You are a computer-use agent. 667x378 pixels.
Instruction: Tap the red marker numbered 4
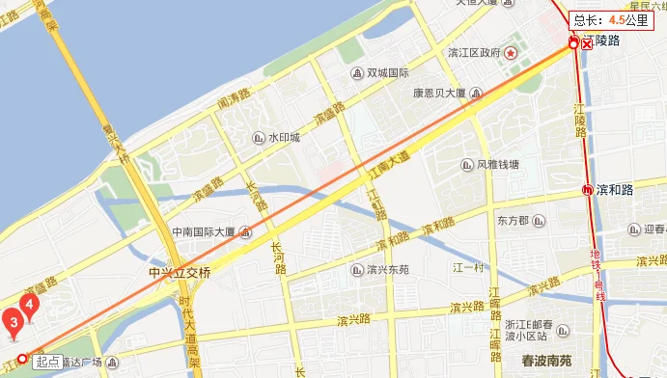click(x=30, y=306)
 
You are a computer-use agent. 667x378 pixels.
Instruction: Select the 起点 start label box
click(x=47, y=362)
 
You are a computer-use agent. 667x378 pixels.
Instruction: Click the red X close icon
click(x=586, y=43)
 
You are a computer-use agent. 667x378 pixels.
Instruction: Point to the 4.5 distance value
click(x=615, y=19)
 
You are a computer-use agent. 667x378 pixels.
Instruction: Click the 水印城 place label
click(x=284, y=138)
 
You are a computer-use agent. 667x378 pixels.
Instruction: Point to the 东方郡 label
click(x=513, y=221)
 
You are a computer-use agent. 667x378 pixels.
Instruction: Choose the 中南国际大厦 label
click(x=204, y=232)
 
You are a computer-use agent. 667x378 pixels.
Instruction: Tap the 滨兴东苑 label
click(x=388, y=269)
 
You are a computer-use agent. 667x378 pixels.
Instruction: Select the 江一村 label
click(x=467, y=267)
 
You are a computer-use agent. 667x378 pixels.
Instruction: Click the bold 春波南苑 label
click(x=547, y=360)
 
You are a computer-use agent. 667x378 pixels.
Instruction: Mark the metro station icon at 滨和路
click(x=588, y=190)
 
